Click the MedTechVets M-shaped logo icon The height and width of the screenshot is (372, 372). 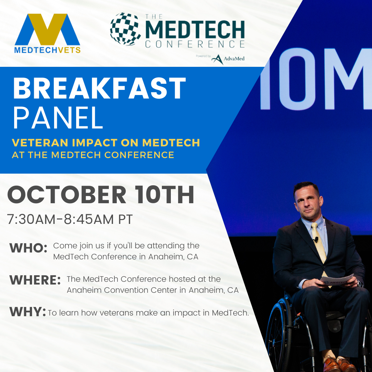[47, 29]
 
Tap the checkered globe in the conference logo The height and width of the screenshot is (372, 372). [125, 29]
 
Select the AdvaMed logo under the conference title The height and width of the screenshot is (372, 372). [228, 59]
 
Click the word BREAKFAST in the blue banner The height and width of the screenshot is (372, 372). [99, 89]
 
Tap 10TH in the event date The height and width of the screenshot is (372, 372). [165, 195]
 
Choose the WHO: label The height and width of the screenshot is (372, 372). [28, 248]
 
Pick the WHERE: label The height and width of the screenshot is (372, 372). [35, 280]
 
